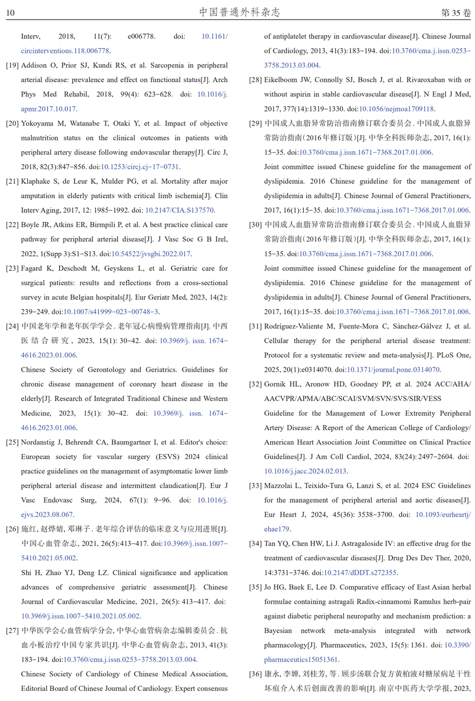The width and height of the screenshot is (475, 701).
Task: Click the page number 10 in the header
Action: point(10,13)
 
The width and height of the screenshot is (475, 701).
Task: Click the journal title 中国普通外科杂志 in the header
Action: point(240,12)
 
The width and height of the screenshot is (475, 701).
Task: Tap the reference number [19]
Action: point(12,66)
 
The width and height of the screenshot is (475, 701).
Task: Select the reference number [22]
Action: point(12,225)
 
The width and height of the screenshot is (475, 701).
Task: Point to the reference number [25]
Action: point(12,442)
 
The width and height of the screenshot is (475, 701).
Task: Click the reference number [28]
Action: point(256,80)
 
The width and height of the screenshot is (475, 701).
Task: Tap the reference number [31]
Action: point(256,326)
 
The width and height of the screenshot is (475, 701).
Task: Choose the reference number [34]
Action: point(256,544)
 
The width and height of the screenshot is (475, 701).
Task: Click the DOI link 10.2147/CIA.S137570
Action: point(179,210)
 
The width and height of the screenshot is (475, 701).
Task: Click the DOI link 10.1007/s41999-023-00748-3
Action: point(111,312)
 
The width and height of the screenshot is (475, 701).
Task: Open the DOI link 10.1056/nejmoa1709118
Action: point(396,109)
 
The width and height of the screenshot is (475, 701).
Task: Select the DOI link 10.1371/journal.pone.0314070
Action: point(393,370)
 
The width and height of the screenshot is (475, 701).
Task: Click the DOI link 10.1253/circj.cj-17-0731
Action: point(140,167)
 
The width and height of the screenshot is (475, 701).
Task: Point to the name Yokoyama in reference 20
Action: point(38,123)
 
